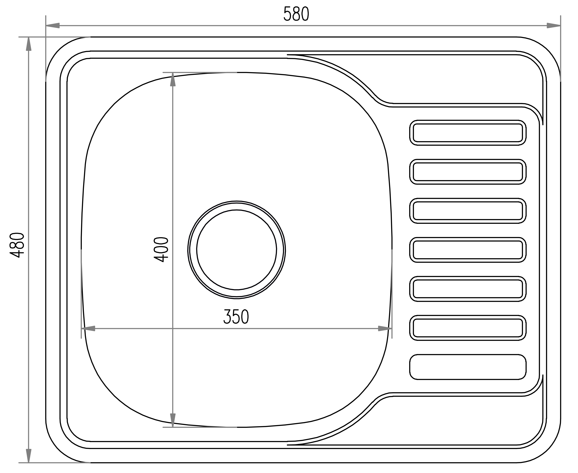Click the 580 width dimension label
pos(296,14)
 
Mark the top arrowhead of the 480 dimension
pos(28,44)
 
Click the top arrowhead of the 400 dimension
pos(173,80)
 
